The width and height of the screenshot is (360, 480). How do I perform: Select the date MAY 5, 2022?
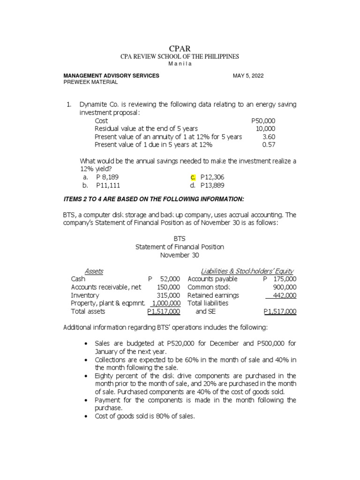[248, 75]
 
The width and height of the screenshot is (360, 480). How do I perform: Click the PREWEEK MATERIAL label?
[90, 82]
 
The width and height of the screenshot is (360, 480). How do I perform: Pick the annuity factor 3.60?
[269, 136]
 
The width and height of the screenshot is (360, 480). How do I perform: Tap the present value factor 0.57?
[269, 144]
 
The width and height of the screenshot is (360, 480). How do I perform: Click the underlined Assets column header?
[94, 271]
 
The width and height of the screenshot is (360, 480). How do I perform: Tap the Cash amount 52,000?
[170, 279]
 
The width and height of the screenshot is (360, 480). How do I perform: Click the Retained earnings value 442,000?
[285, 295]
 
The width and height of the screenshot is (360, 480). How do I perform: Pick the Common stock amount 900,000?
[285, 287]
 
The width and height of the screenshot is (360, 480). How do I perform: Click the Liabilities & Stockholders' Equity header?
[247, 271]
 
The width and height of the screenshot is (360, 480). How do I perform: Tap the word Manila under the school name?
[180, 64]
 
